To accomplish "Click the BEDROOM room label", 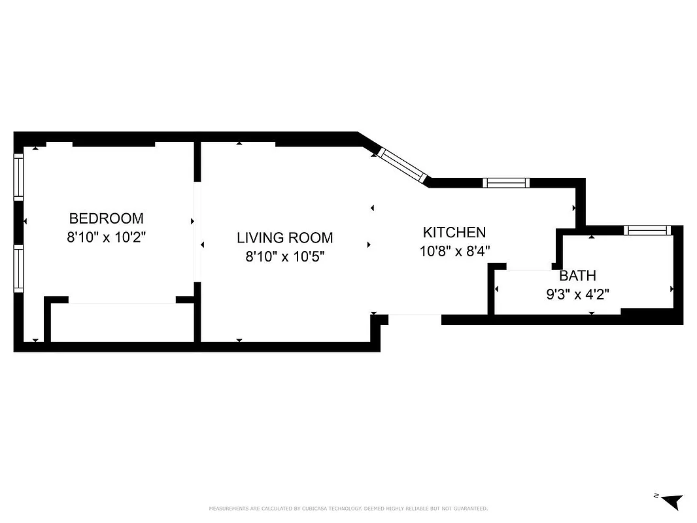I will pos(106,218).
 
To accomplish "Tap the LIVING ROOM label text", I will pos(284,238).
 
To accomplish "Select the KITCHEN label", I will pos(454,232).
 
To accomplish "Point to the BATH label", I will pos(577,276).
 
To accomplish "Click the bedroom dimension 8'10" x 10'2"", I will pos(106,237).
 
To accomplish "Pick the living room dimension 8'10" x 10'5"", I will pos(284,257).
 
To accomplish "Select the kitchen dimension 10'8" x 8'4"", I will pos(454,250).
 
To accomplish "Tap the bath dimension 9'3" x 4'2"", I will pos(577,294).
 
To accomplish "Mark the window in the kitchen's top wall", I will pos(505,182).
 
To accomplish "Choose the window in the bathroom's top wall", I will pos(647,230).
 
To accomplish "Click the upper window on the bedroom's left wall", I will pos(19,177).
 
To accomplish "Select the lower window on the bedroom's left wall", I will pos(19,267).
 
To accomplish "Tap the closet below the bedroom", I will pos(122,323).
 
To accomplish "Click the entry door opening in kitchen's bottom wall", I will pos(415,319).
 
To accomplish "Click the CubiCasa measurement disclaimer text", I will pos(348,509).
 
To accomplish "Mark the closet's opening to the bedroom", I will pos(122,301).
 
